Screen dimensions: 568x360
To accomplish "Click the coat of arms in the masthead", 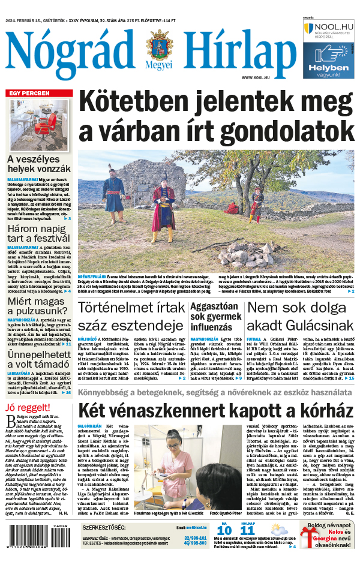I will click(158, 47).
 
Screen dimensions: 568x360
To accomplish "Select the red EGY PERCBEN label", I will click(28, 94).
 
